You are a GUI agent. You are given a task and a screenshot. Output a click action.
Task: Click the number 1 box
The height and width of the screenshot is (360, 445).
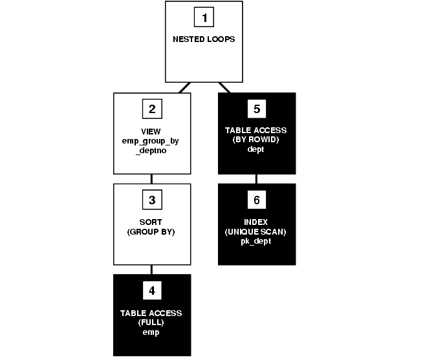(x=204, y=18)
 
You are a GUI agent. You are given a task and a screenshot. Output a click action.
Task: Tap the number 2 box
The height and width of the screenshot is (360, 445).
(x=152, y=109)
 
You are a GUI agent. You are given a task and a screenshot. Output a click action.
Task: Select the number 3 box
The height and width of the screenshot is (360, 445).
(x=152, y=200)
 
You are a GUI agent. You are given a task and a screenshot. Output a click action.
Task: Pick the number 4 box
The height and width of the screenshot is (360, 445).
(x=152, y=290)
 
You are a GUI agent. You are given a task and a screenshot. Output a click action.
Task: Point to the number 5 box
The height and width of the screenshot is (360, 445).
(x=257, y=109)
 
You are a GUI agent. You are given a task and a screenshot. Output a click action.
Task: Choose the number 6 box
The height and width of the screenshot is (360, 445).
(x=257, y=200)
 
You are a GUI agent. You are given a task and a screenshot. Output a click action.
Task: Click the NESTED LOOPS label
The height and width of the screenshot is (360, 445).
(x=204, y=39)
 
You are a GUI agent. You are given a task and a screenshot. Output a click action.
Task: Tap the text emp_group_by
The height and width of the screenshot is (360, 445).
(x=151, y=140)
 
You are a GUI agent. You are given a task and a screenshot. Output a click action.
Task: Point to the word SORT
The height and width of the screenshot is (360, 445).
(x=151, y=222)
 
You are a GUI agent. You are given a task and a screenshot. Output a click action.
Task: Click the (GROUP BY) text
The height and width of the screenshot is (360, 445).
(x=151, y=231)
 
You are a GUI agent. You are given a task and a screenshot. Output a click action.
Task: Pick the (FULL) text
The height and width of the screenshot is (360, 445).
(x=151, y=322)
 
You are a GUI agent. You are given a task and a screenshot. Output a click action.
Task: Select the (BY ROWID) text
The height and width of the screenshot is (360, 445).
(x=257, y=140)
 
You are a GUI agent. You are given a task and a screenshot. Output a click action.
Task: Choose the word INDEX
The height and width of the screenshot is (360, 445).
(x=257, y=222)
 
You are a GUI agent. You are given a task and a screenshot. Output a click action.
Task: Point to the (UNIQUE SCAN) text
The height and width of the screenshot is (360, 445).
(x=257, y=231)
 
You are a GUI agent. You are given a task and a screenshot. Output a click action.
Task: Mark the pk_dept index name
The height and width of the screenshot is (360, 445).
(x=257, y=240)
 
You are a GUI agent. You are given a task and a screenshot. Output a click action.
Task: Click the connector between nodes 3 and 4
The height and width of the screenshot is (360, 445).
(x=152, y=269)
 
